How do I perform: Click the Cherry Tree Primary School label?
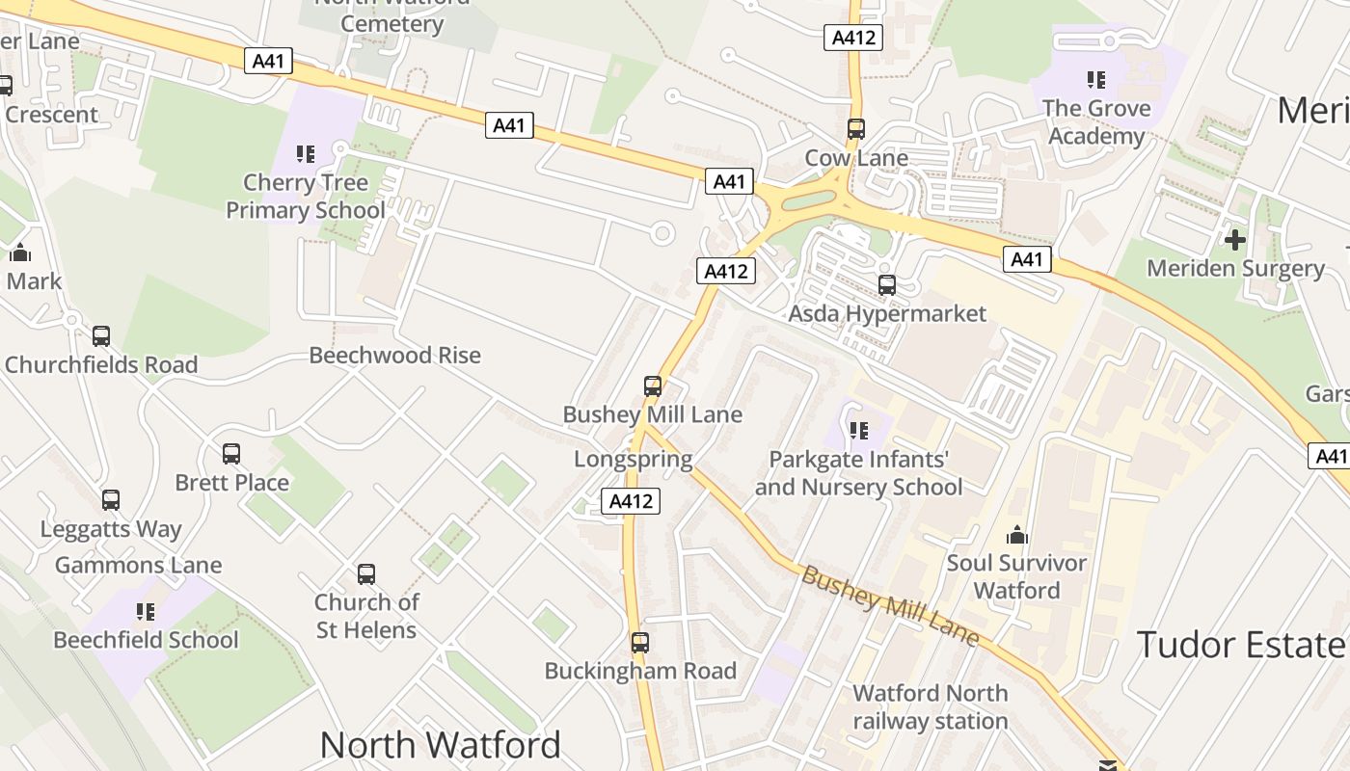(x=305, y=197)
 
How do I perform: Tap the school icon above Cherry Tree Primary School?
(x=306, y=153)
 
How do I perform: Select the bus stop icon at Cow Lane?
(x=855, y=128)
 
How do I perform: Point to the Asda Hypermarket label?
(x=887, y=313)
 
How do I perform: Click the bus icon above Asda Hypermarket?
(x=887, y=285)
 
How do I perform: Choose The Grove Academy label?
(x=1096, y=121)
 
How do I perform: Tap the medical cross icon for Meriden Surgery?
(x=1235, y=239)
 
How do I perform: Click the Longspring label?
(x=634, y=459)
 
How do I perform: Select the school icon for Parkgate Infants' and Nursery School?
(x=858, y=430)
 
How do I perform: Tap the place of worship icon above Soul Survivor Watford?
(x=1016, y=535)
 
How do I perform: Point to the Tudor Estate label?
(x=1240, y=644)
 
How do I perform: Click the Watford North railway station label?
(x=931, y=706)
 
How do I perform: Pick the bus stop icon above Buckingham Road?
(x=640, y=642)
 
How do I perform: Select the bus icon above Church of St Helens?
(x=366, y=574)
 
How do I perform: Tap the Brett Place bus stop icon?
(x=231, y=454)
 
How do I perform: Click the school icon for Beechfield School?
(x=146, y=611)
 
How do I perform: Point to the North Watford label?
(x=440, y=745)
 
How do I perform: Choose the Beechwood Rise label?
(x=394, y=355)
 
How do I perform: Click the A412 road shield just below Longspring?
(x=632, y=501)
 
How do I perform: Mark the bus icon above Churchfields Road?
(x=101, y=336)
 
